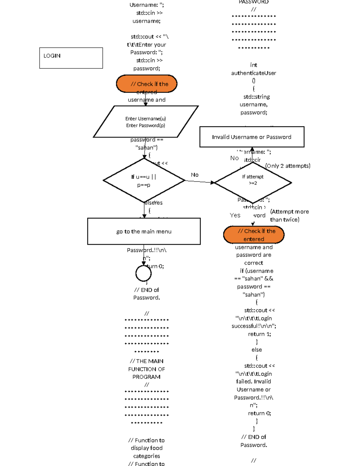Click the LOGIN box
tap(71, 58)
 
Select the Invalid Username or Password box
tap(252, 137)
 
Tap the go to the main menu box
tap(144, 231)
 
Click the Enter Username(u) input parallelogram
tap(145, 122)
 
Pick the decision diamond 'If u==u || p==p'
tap(144, 180)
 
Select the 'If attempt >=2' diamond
tap(253, 182)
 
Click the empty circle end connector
tap(143, 273)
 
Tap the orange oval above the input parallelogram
tap(146, 84)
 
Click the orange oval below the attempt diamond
tap(253, 235)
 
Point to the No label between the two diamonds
tap(195, 175)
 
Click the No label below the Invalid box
tap(234, 158)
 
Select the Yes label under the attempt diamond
tap(235, 215)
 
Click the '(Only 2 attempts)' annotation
tap(287, 166)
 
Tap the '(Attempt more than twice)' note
tap(289, 215)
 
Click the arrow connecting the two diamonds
tap(199, 182)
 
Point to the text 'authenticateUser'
tap(253, 73)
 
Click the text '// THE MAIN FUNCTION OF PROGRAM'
tap(146, 369)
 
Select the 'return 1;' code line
tap(259, 334)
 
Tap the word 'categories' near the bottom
tap(146, 456)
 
